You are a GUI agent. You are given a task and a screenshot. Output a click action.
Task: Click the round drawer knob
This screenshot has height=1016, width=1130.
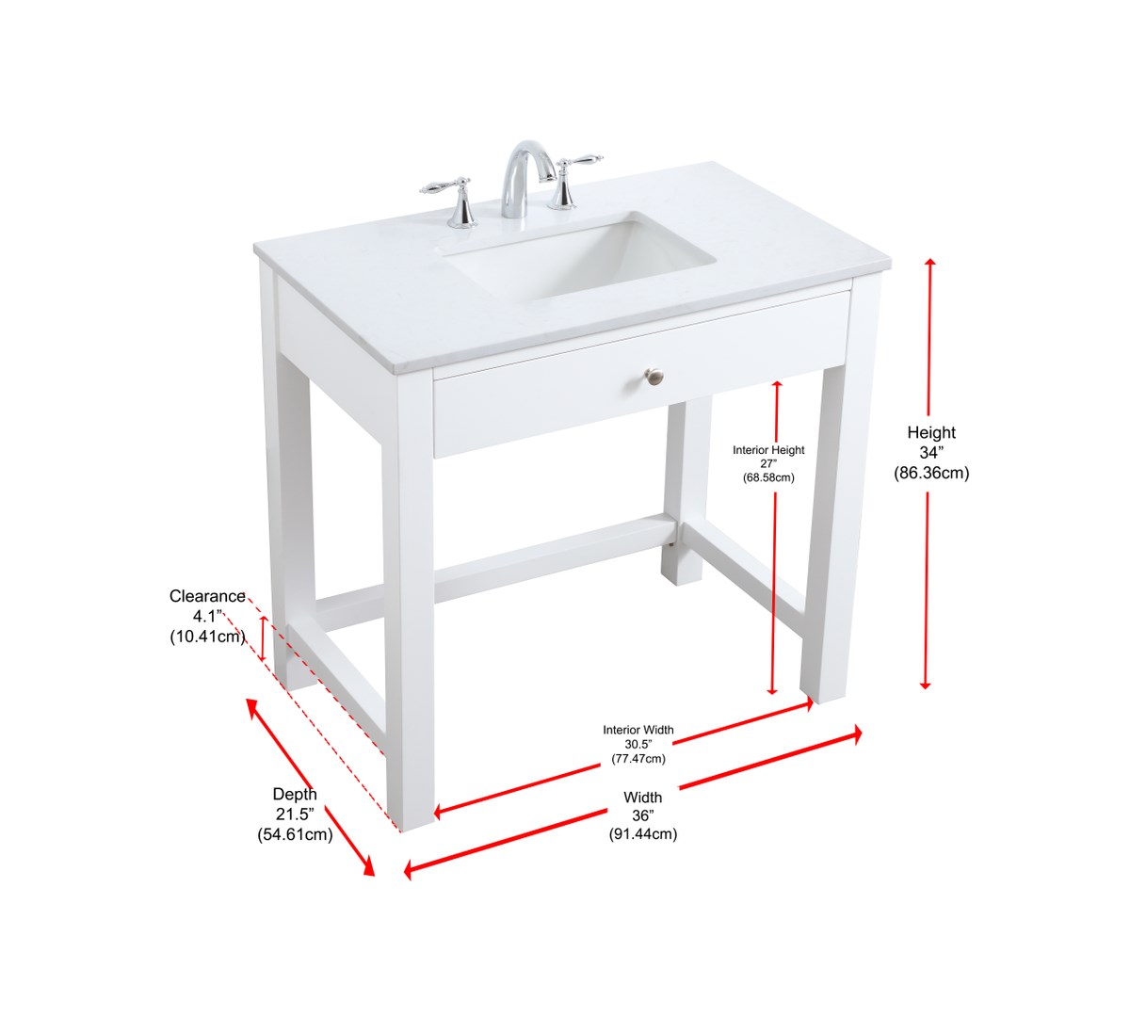pyautogui.click(x=654, y=374)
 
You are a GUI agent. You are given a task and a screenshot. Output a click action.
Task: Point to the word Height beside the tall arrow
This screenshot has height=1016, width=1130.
pyautogui.click(x=931, y=433)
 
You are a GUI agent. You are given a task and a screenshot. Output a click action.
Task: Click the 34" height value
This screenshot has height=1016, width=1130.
pyautogui.click(x=931, y=453)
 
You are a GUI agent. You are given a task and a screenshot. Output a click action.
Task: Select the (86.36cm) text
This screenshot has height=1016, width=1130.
pyautogui.click(x=931, y=473)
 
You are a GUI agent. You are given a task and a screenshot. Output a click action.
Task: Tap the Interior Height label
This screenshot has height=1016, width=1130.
pyautogui.click(x=768, y=450)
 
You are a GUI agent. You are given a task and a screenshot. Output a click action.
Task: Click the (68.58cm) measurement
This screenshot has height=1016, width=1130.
pyautogui.click(x=768, y=477)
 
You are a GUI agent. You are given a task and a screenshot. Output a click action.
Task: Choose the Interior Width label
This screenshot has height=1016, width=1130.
pyautogui.click(x=638, y=730)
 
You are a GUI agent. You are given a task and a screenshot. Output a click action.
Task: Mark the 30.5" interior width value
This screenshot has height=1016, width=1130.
pyautogui.click(x=638, y=745)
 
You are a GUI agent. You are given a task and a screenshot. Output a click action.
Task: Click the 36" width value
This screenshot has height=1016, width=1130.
pyautogui.click(x=643, y=815)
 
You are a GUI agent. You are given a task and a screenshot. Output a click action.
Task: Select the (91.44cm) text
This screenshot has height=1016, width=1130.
pyautogui.click(x=643, y=834)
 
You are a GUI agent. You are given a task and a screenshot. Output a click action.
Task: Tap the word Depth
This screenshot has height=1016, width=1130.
pyautogui.click(x=295, y=795)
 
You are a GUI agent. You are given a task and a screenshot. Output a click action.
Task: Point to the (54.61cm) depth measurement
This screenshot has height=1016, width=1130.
pyautogui.click(x=295, y=834)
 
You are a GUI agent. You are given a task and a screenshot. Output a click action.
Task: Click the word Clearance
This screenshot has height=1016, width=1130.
pyautogui.click(x=207, y=596)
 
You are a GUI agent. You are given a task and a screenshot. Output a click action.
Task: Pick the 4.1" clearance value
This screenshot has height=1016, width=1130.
pyautogui.click(x=207, y=617)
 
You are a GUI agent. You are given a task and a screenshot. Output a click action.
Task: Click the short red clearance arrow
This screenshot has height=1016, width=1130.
pyautogui.click(x=263, y=637)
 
